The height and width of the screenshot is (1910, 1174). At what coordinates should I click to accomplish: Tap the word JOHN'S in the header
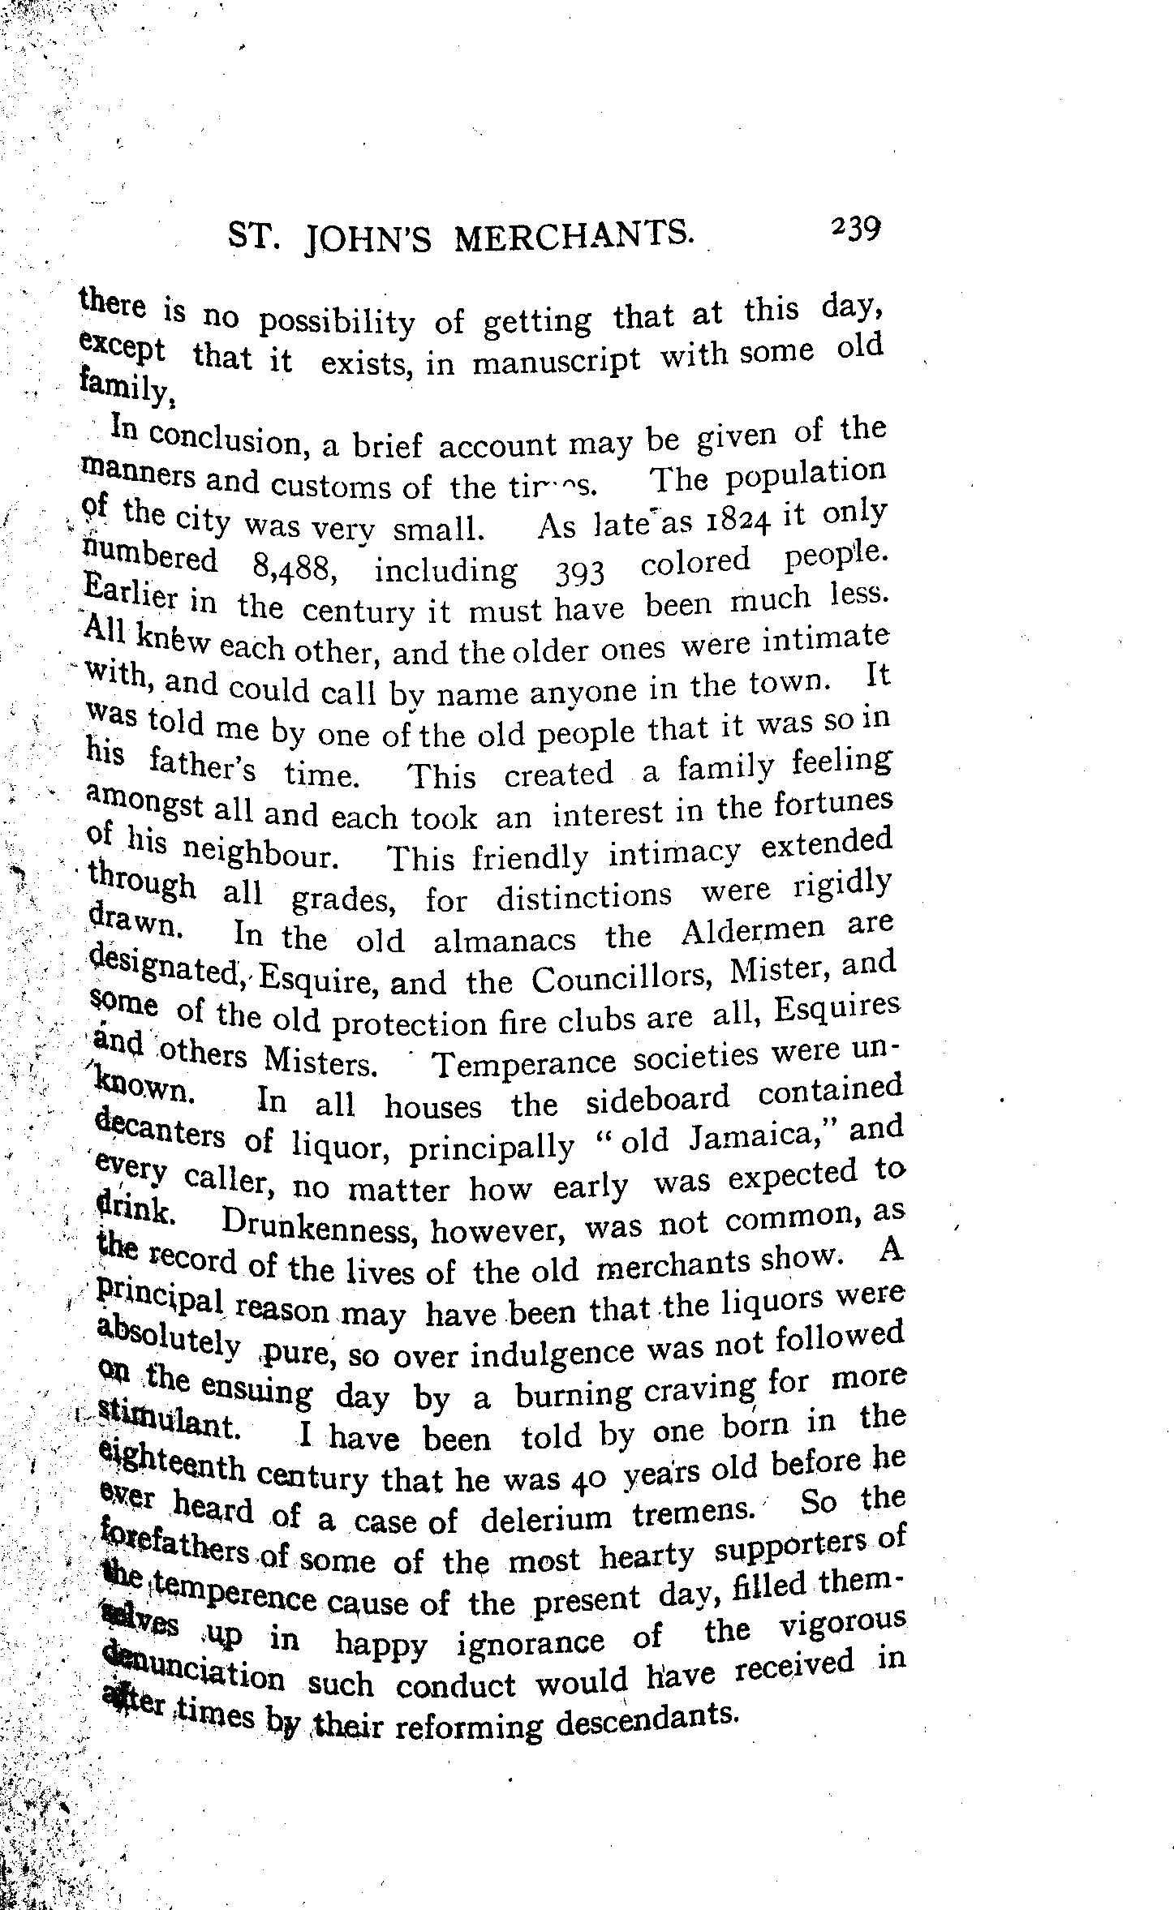pyautogui.click(x=370, y=238)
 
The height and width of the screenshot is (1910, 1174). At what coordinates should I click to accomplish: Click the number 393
pyautogui.click(x=578, y=573)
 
